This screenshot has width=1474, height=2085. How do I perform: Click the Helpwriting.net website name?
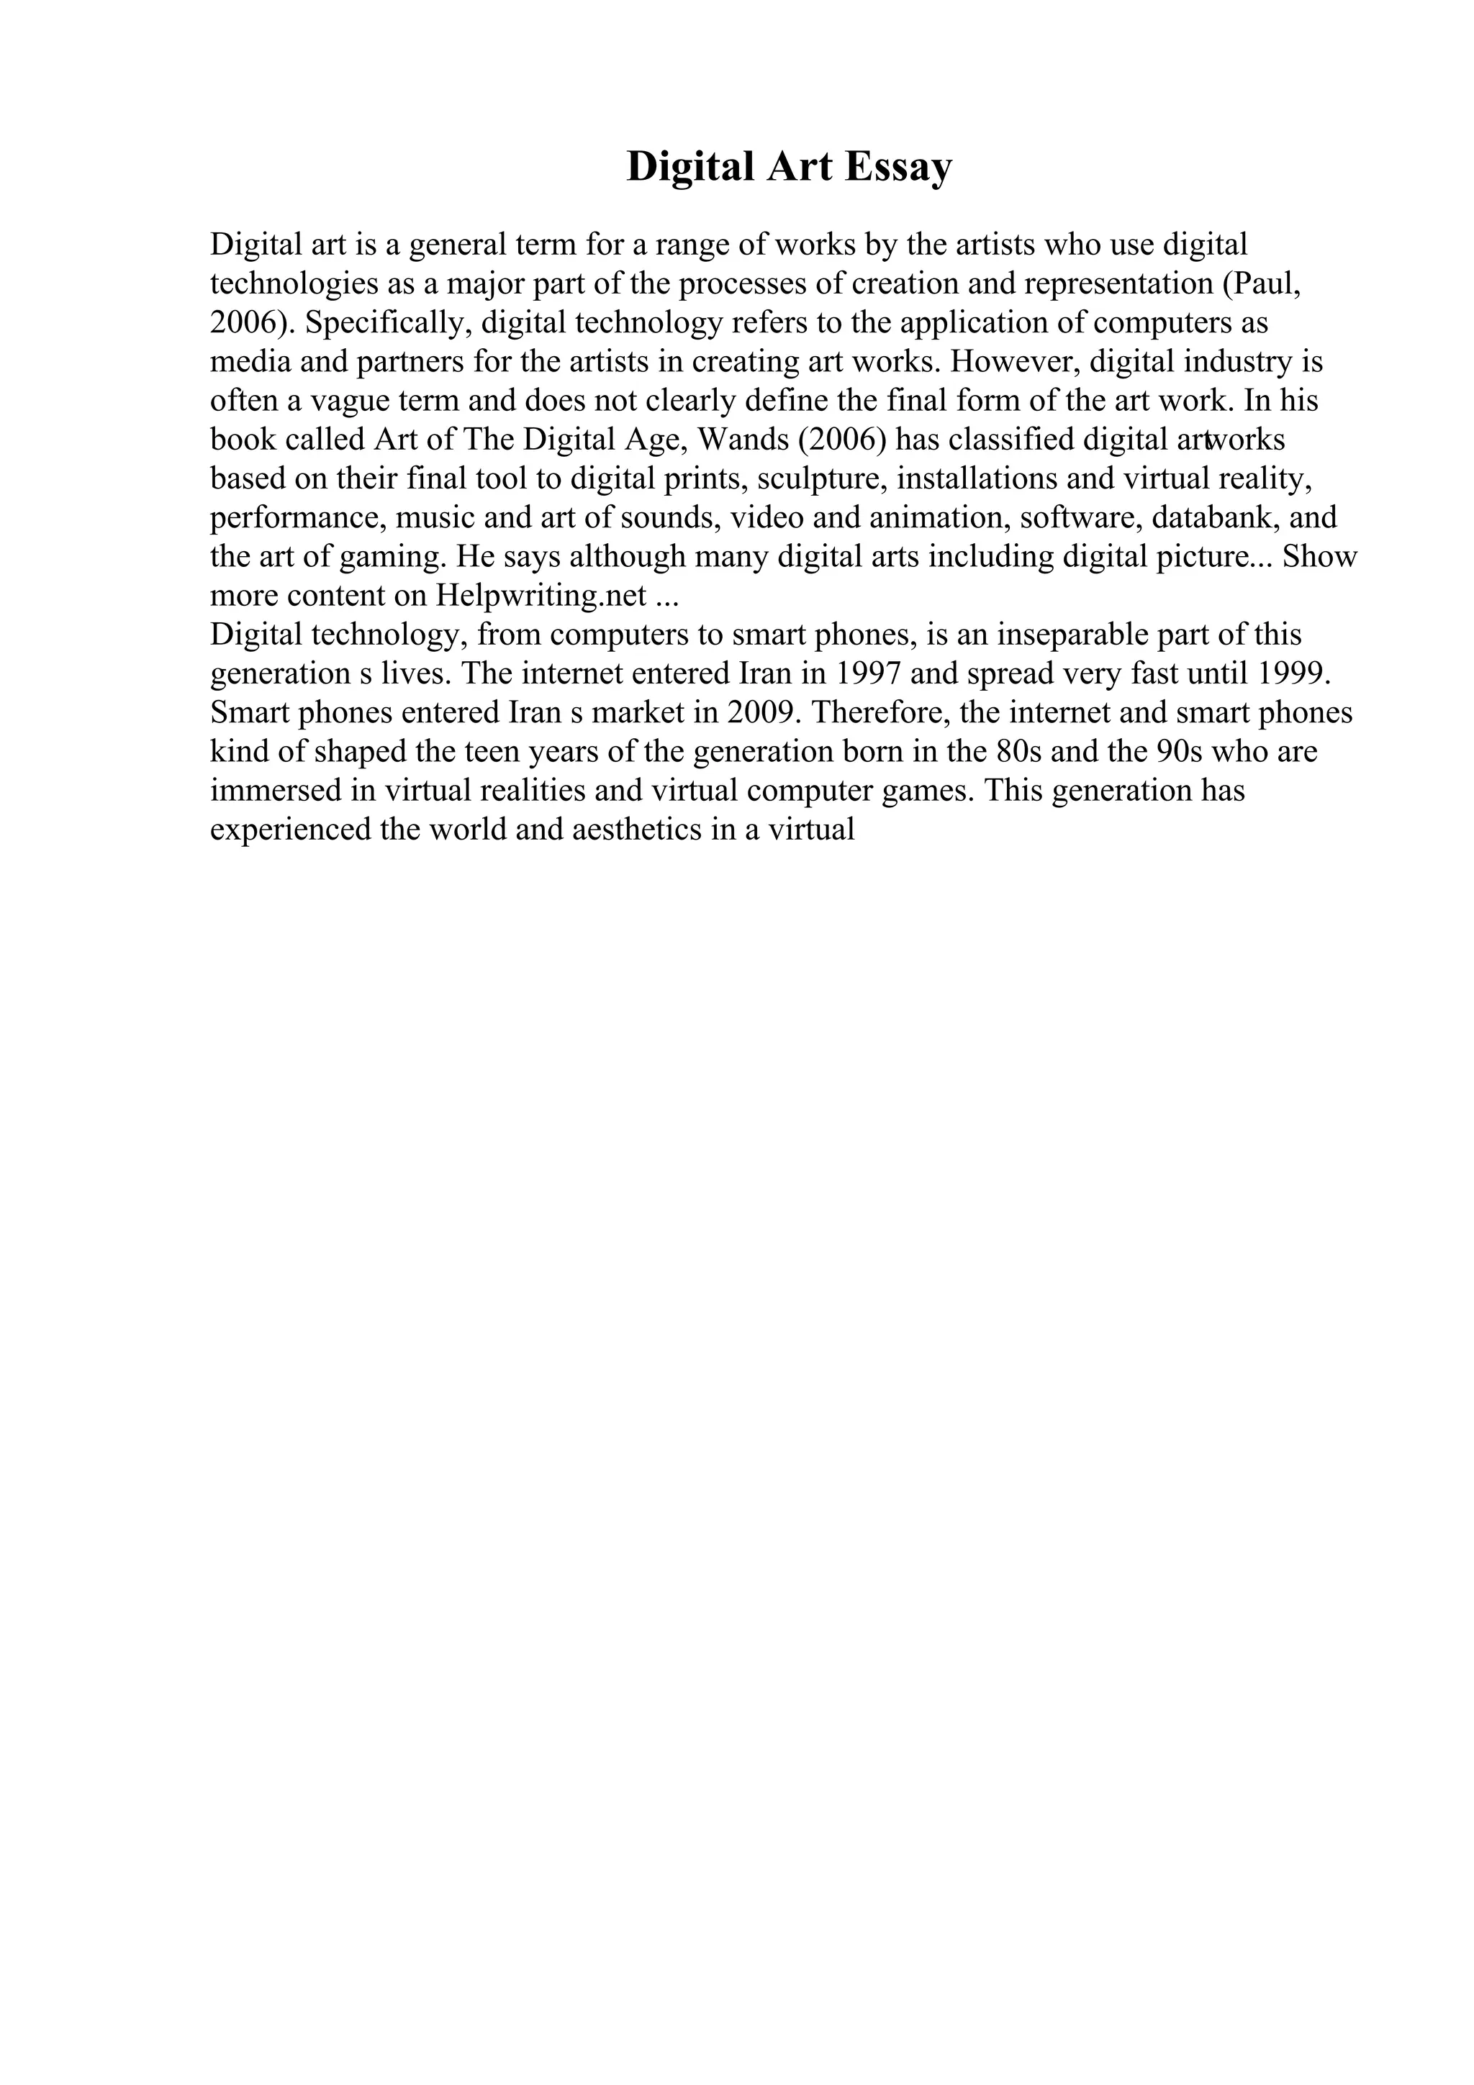coord(541,596)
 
